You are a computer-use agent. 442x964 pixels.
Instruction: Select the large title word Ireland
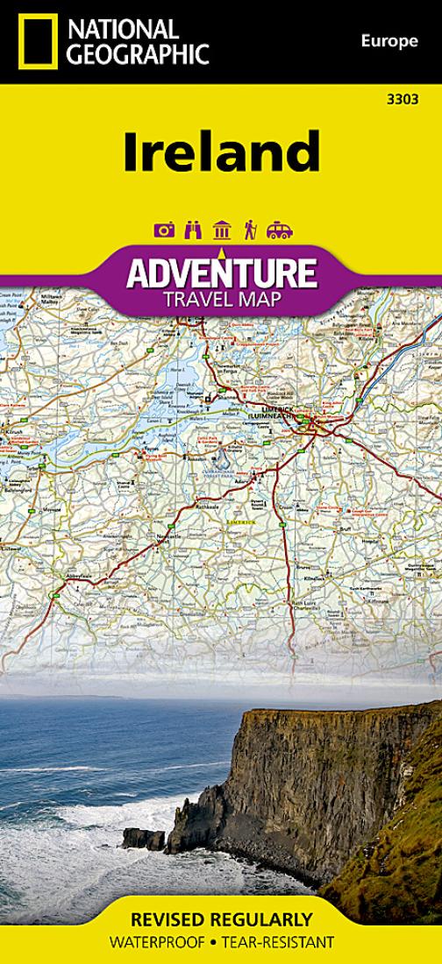(220, 152)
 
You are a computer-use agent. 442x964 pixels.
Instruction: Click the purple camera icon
(164, 230)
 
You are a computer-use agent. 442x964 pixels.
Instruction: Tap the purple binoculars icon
(194, 230)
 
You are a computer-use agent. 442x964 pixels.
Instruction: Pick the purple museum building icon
(222, 230)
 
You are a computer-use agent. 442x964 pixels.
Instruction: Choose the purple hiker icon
(250, 230)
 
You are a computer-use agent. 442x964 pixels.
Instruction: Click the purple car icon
(279, 230)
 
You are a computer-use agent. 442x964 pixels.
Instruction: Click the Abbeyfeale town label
(75, 576)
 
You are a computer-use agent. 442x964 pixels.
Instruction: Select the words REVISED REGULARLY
(221, 920)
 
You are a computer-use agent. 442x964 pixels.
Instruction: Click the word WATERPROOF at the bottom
(154, 944)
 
